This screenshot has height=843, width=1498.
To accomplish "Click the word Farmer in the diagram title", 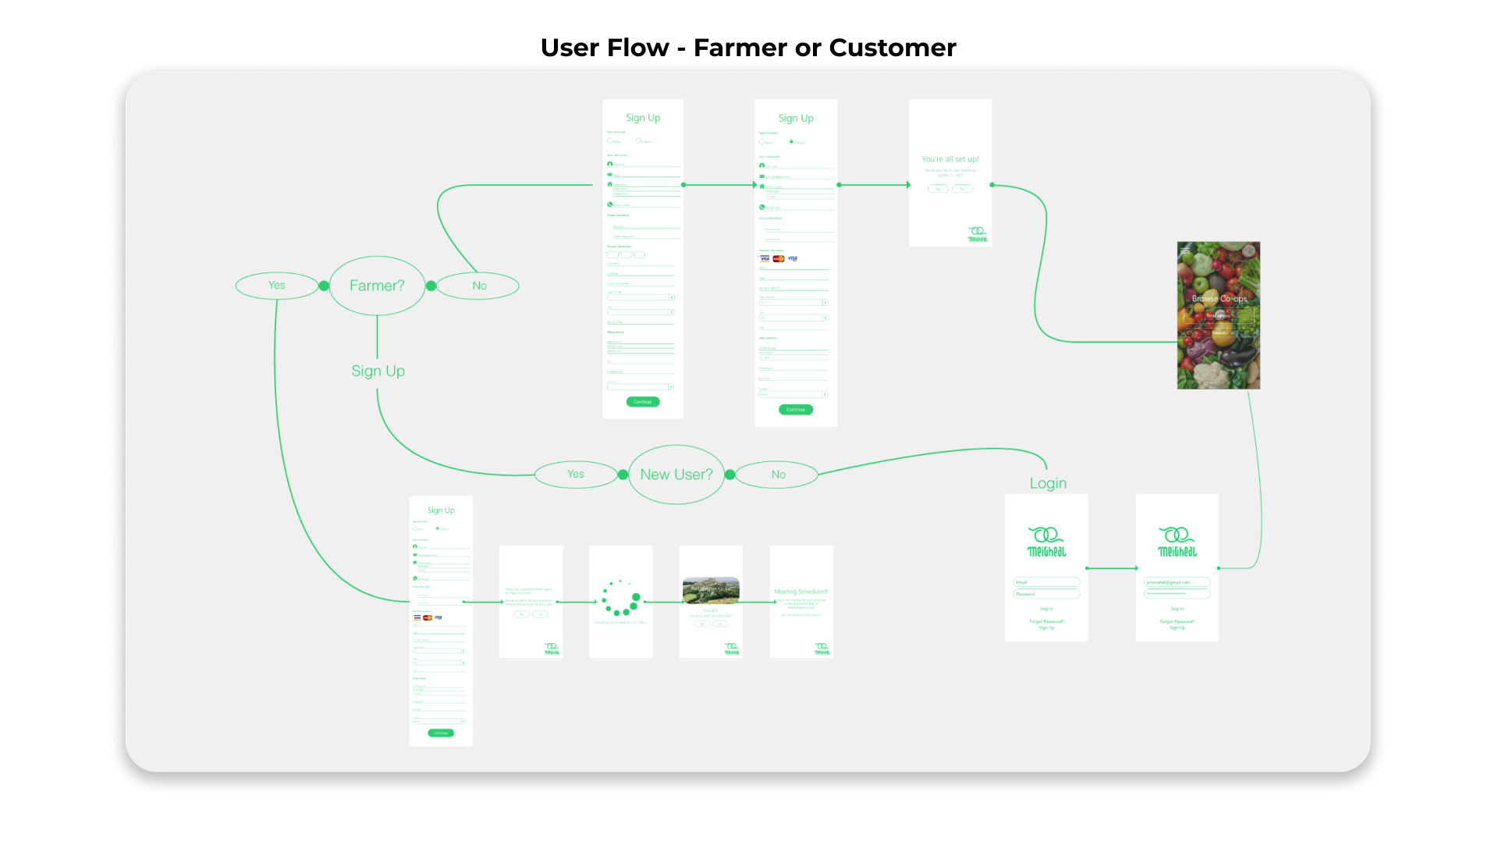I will coord(740,48).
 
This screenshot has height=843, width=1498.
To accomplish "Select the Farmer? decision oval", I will coord(377,286).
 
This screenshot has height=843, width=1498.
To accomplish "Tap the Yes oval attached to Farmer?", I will coord(277,286).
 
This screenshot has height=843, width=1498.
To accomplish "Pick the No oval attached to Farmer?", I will coord(478,286).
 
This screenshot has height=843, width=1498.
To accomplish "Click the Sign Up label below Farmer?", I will coord(378,371).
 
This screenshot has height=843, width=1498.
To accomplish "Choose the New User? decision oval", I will coord(676,475).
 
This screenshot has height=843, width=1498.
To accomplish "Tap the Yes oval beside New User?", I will coord(576,474).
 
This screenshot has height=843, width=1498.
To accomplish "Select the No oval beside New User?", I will coord(778,475).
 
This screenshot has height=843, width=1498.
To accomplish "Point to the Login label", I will coord(1048,483).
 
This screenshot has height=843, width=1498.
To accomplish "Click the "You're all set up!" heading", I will coord(950,159).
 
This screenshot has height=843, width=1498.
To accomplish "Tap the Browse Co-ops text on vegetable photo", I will coord(1219,299).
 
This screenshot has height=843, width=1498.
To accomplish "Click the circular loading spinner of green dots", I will coord(621,598).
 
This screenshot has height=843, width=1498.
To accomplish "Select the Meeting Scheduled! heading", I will coord(800,592).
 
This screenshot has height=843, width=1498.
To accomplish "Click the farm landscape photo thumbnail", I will coord(711,591).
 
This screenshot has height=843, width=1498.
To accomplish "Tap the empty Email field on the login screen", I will coord(1046,582).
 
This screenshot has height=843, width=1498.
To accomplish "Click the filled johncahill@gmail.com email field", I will coord(1177,582).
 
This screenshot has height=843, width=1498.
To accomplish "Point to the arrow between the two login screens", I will coord(1112,568).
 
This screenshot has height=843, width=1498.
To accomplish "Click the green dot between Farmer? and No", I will coord(431,286).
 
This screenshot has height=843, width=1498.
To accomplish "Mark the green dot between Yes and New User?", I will coord(623,475).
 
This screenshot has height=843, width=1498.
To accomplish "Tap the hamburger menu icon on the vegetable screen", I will coord(1185,251).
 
